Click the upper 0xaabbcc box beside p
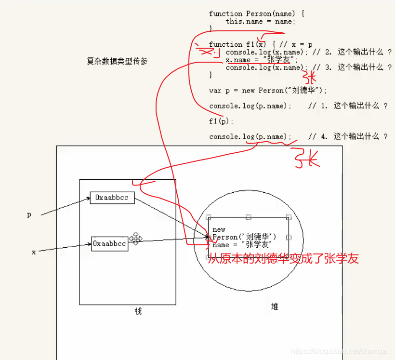[112, 198]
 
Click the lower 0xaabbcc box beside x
[110, 244]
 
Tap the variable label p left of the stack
[29, 215]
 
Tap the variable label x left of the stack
[34, 252]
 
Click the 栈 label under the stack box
[138, 311]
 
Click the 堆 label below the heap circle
[275, 307]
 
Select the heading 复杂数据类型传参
[117, 62]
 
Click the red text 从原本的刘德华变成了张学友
[283, 259]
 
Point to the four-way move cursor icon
[135, 238]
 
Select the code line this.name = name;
[260, 21]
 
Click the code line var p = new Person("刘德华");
[268, 91]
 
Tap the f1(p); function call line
[221, 121]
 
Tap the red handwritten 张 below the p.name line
[306, 159]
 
